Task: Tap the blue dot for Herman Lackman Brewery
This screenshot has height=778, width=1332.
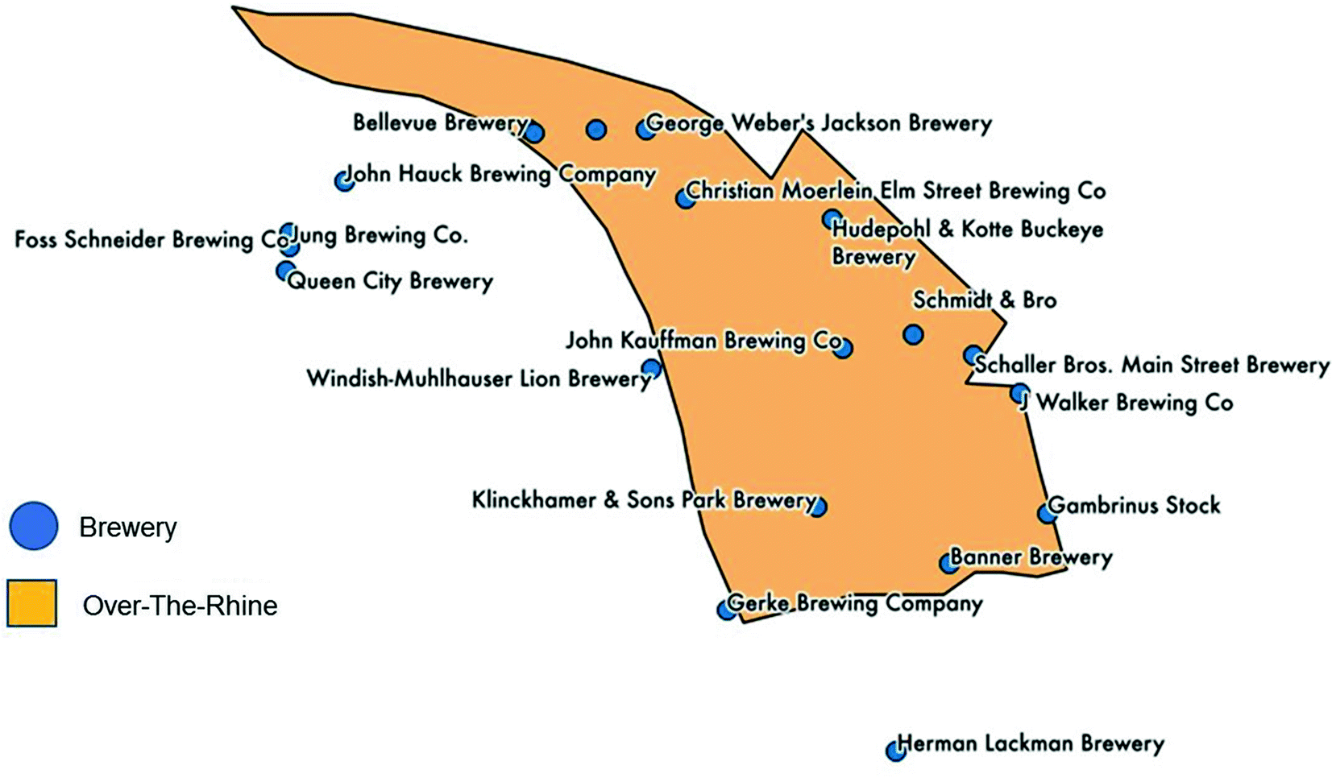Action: (895, 751)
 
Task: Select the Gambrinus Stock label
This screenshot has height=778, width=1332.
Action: (1134, 505)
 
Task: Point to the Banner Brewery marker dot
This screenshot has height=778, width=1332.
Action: (950, 562)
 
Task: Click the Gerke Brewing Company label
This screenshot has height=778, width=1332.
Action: (854, 603)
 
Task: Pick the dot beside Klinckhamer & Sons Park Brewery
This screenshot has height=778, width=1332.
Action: (817, 507)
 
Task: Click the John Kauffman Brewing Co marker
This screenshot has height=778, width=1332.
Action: (843, 348)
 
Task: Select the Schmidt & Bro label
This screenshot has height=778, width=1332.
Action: (984, 300)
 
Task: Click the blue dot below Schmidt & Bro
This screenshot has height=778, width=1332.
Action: (913, 333)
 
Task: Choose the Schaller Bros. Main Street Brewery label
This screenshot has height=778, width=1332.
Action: (1151, 364)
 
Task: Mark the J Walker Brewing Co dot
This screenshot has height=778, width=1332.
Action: (1020, 394)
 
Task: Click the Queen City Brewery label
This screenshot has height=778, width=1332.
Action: (390, 281)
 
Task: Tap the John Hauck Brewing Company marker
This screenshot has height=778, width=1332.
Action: (345, 180)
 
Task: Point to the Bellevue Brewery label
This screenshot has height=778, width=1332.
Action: (440, 122)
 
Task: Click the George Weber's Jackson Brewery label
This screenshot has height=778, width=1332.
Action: (819, 123)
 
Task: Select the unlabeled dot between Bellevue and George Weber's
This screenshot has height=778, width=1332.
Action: (596, 129)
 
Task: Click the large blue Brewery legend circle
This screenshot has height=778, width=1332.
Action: (34, 526)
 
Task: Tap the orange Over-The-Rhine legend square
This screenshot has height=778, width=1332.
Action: (32, 603)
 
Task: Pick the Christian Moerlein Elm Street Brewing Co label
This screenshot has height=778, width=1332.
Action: (895, 191)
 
